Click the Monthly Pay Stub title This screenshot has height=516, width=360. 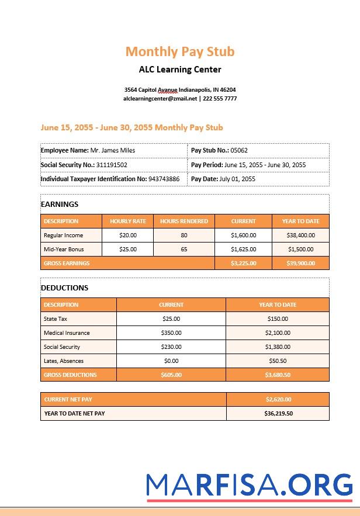pos(180,51)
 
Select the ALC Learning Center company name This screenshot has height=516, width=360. pos(180,70)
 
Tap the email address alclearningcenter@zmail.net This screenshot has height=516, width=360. pos(160,99)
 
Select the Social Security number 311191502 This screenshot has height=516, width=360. pos(112,165)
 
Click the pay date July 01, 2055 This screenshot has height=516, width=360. pos(237,179)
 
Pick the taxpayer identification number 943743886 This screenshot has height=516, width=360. pos(164,179)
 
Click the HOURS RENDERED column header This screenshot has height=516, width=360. pos(184,221)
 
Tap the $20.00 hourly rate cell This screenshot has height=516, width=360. pos(128,236)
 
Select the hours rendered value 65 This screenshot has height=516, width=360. pos(184,249)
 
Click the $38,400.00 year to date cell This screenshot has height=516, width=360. pos(300,236)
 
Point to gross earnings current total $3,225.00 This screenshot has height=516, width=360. pos(243,264)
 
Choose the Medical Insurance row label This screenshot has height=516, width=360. pos(67,333)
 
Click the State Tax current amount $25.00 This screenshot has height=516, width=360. pos(171,319)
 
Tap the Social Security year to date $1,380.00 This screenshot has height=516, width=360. pos(278,347)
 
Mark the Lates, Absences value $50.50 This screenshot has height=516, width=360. pos(278,361)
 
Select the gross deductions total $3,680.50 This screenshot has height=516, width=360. pos(278,375)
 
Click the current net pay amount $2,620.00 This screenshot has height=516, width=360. pos(278,400)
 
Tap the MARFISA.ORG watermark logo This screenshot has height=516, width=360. pos(250,484)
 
